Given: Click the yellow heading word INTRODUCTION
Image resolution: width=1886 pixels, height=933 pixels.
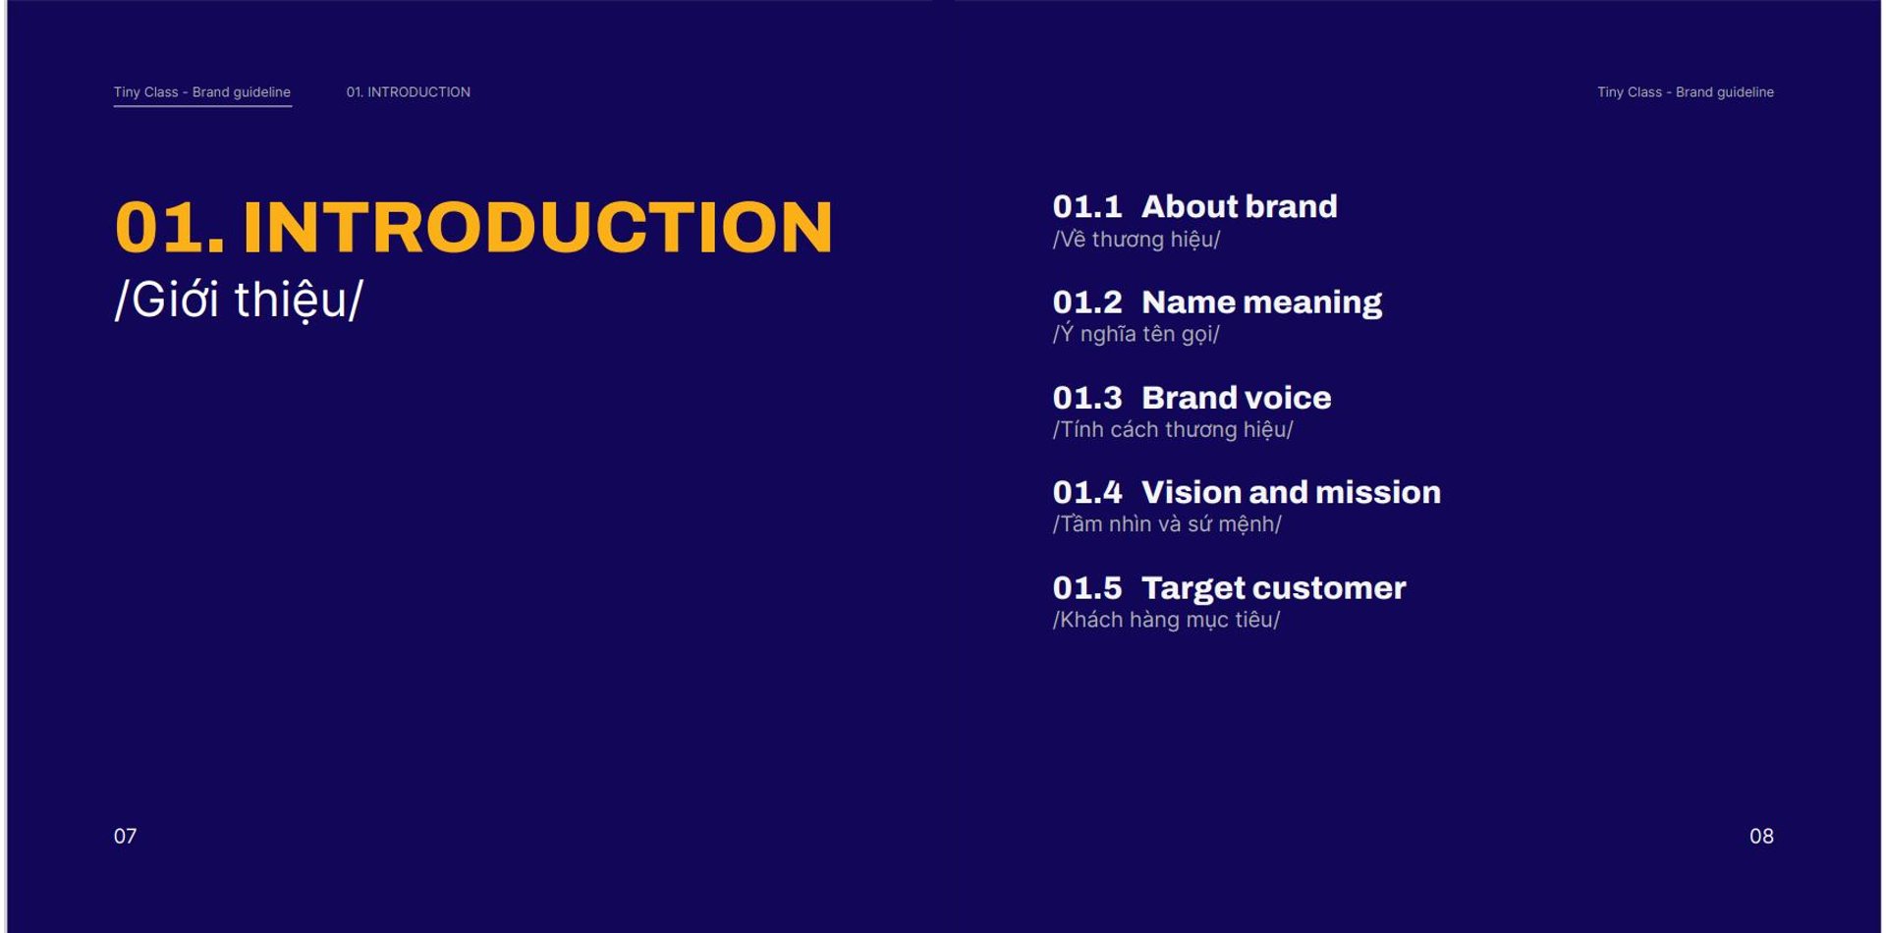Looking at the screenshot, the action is point(537,227).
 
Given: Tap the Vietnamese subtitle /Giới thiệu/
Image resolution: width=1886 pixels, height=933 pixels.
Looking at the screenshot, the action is point(239,300).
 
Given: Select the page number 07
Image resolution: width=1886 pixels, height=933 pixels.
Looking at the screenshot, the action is point(125,836).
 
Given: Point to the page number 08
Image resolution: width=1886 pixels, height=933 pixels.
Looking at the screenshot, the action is point(1761,836).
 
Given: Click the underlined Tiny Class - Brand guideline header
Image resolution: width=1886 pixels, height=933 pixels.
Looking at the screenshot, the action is point(202,92).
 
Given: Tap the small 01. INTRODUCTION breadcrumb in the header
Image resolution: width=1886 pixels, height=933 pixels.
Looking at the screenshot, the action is point(408,92).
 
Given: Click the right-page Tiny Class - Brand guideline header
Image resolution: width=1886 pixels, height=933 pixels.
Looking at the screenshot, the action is point(1686,92).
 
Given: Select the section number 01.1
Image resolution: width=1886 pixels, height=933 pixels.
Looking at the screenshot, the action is point(1086,206).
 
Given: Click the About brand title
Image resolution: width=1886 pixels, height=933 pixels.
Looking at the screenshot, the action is point(1239,206).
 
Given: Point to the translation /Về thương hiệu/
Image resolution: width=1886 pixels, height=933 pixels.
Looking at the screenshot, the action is point(1137,240).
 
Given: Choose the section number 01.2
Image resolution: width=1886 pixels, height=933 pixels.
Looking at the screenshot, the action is point(1086,302).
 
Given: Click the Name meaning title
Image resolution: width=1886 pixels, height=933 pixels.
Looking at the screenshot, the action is point(1261,302).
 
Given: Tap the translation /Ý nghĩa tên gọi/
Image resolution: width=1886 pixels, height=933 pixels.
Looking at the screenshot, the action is point(1136,334).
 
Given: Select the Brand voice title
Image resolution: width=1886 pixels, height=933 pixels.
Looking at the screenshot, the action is point(1236,398).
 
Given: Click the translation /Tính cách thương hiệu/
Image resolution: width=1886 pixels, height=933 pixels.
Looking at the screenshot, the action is point(1173,429).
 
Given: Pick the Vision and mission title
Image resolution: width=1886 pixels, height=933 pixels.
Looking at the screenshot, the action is point(1291,492).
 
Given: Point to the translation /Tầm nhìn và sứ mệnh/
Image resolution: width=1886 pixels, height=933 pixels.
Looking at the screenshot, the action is point(1167,524).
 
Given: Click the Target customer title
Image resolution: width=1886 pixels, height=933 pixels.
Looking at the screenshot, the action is point(1273,588).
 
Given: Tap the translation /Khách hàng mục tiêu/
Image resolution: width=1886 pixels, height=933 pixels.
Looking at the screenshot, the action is point(1166,620).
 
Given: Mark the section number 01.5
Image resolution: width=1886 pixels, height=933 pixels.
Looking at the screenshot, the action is point(1086,588).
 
